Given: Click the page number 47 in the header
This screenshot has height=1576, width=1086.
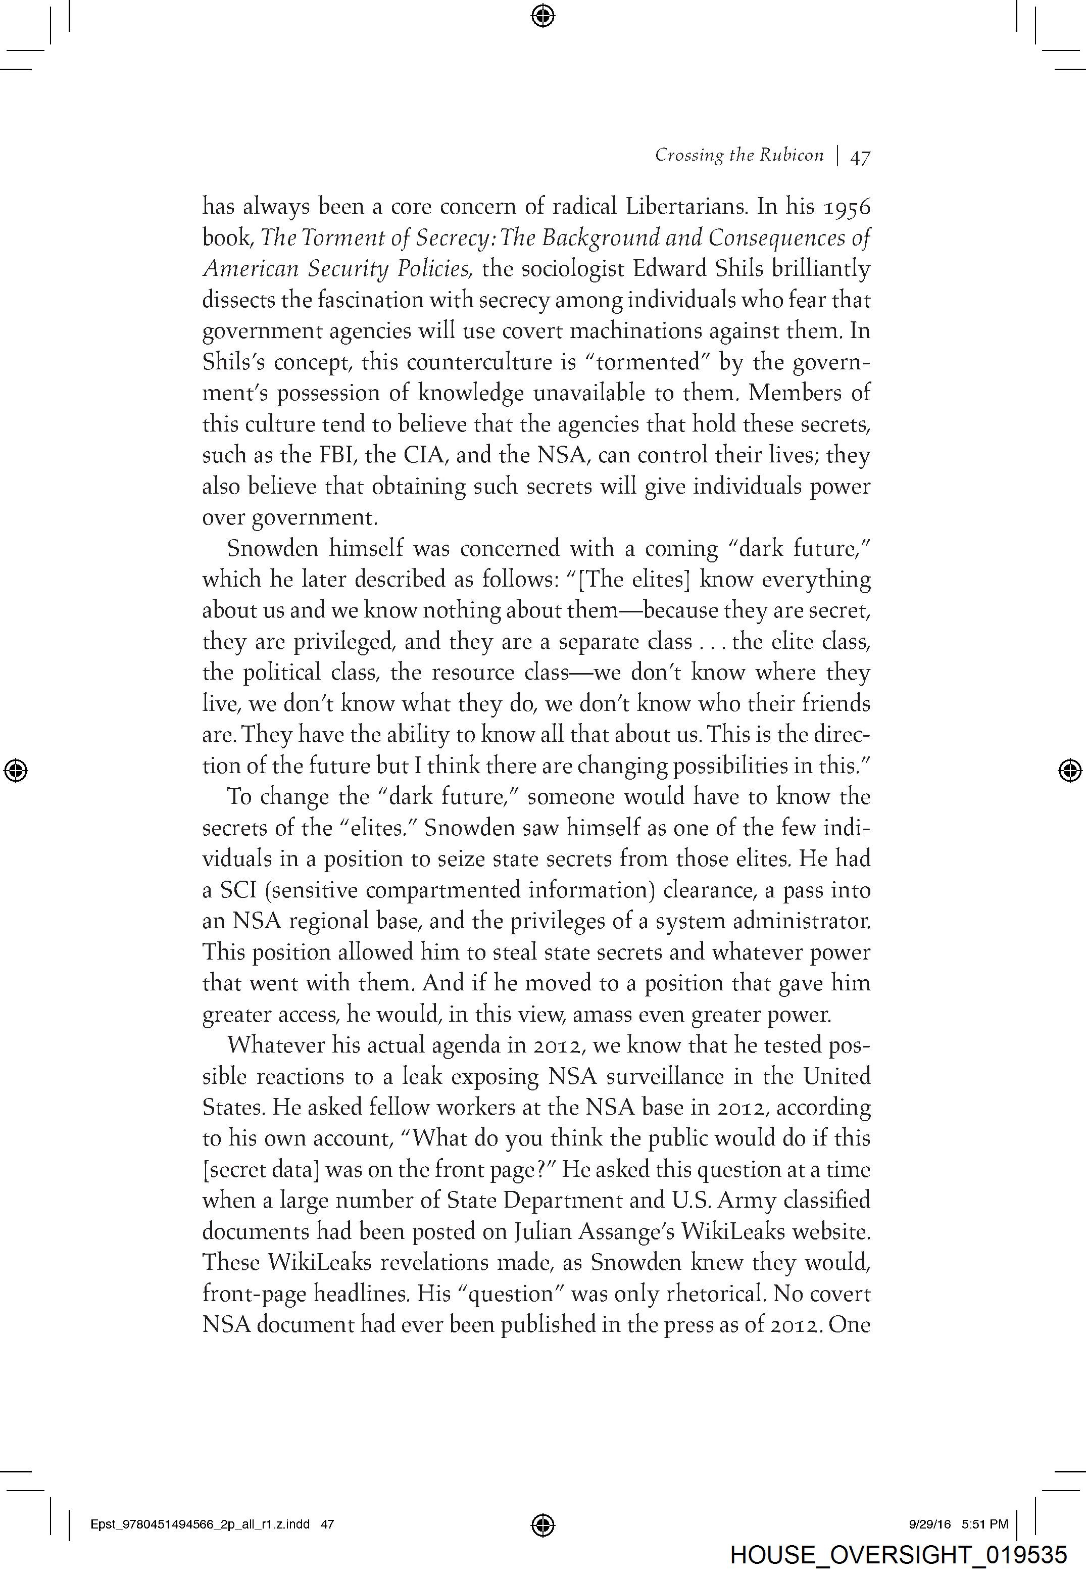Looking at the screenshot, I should [x=860, y=157].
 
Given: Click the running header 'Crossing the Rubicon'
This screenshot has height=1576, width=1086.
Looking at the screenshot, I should [x=739, y=156].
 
